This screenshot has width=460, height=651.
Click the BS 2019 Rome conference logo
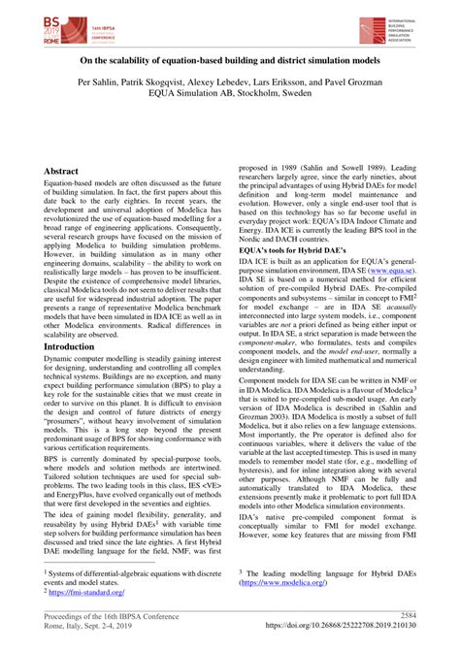pyautogui.click(x=59, y=30)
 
